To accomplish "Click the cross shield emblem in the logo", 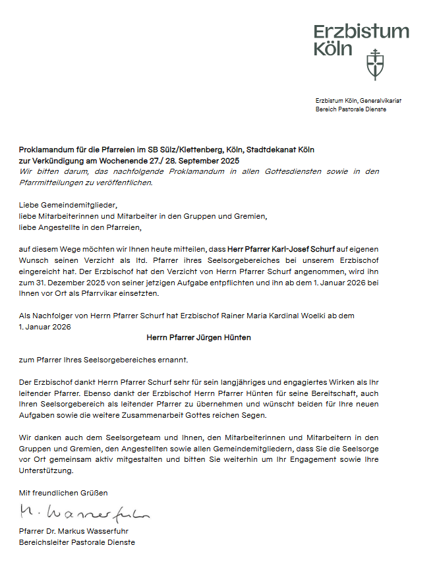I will [x=375, y=63].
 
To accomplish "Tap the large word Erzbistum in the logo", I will [x=361, y=31].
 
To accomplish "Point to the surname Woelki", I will [x=339, y=316].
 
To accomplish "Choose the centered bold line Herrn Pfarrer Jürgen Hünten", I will [x=198, y=337].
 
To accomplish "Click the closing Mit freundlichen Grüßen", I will [x=63, y=492].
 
